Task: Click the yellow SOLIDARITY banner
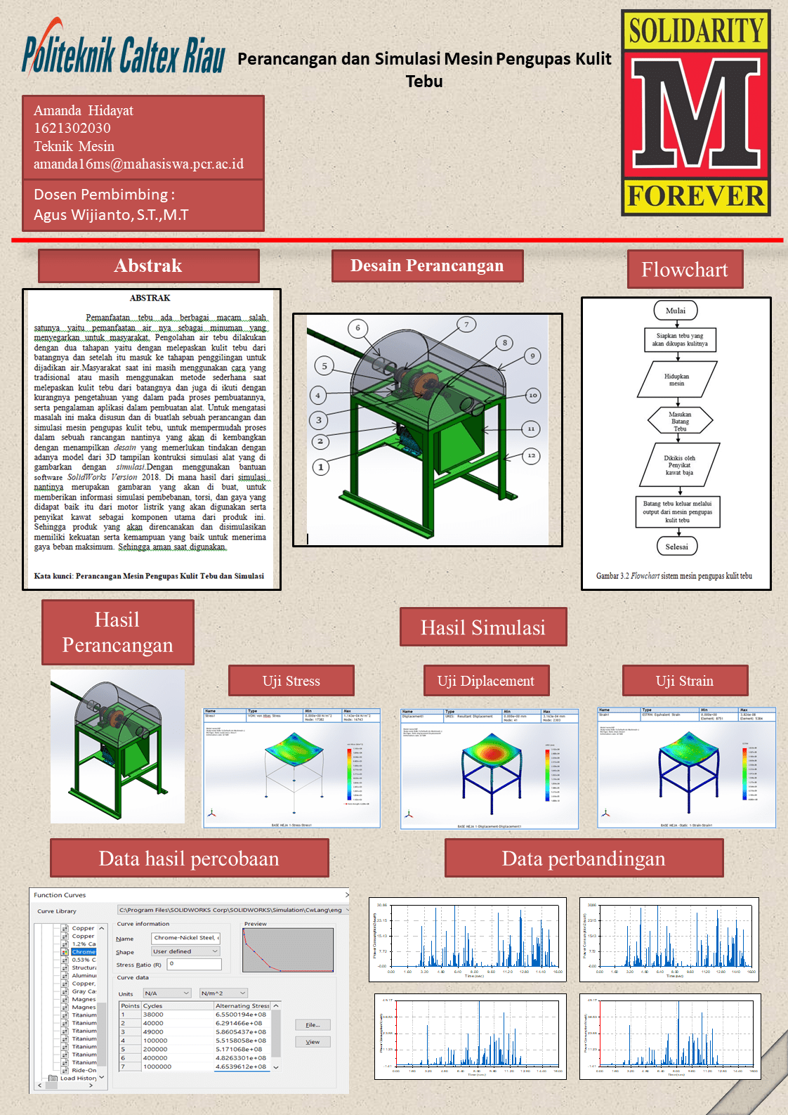pyautogui.click(x=695, y=31)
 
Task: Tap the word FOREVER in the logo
pyautogui.click(x=695, y=196)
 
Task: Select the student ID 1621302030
pyautogui.click(x=72, y=128)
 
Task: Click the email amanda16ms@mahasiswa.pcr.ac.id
pyautogui.click(x=138, y=164)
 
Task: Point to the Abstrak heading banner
pyautogui.click(x=148, y=266)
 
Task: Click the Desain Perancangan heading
pyautogui.click(x=427, y=266)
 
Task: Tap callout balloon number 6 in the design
pyautogui.click(x=357, y=327)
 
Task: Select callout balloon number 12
pyautogui.click(x=532, y=455)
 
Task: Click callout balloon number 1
pyautogui.click(x=321, y=467)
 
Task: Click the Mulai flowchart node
pyautogui.click(x=676, y=311)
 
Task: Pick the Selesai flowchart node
pyautogui.click(x=677, y=547)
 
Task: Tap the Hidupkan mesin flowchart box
pyautogui.click(x=677, y=380)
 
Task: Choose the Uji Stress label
pyautogui.click(x=291, y=681)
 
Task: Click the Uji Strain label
pyautogui.click(x=685, y=681)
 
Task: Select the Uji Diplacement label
pyautogui.click(x=486, y=681)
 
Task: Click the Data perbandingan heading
pyautogui.click(x=584, y=859)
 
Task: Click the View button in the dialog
pyautogui.click(x=313, y=1042)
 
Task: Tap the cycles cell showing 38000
pyautogui.click(x=154, y=1015)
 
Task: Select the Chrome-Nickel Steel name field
pyautogui.click(x=186, y=938)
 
